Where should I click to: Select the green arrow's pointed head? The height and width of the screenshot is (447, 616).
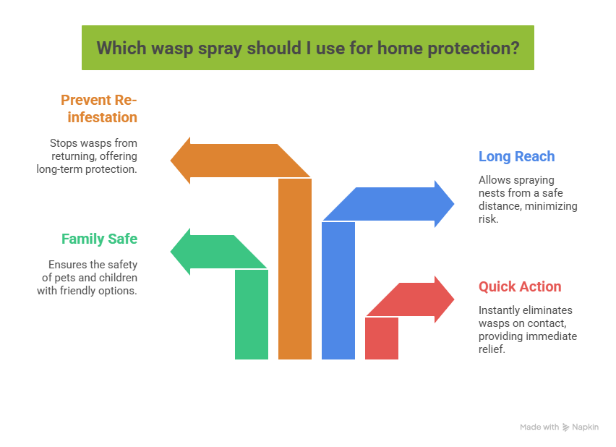pos(181,252)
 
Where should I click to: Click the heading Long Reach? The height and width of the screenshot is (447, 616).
pos(516,156)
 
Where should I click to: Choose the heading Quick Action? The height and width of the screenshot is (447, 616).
pos(519,286)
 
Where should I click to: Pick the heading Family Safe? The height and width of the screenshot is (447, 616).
pos(99,239)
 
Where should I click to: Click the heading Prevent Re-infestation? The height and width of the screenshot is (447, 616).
pos(99,108)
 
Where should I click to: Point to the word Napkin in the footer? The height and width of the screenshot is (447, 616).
pos(586,427)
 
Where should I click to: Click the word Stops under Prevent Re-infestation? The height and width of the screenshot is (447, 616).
pos(63,143)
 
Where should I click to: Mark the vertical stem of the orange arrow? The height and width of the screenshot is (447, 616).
pos(295,275)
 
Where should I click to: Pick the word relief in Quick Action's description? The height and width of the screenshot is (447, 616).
pos(490,349)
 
